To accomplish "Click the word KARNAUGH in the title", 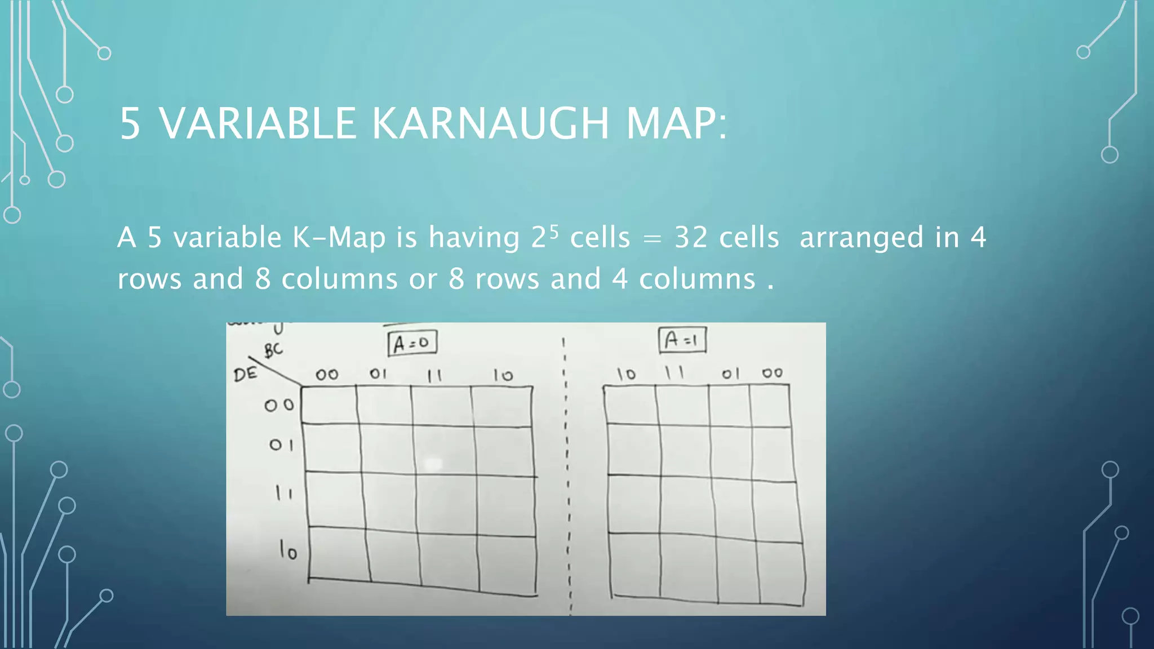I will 490,123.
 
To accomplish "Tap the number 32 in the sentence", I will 691,237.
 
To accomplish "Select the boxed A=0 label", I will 412,343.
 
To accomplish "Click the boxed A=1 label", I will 682,340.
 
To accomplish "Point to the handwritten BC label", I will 273,350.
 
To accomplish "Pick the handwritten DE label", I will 245,374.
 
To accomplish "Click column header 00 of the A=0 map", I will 327,375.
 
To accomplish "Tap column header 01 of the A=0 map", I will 378,374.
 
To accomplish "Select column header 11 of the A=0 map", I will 434,376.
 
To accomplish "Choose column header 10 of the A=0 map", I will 503,375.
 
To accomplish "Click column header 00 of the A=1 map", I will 772,373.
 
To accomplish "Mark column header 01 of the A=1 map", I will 730,374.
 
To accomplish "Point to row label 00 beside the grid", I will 279,405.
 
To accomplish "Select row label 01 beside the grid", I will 281,445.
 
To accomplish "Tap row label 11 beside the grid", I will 283,494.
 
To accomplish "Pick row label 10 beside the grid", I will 288,550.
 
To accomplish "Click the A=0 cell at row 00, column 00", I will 329,404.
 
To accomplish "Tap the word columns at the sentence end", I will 697,279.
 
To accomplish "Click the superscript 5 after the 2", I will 554,230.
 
